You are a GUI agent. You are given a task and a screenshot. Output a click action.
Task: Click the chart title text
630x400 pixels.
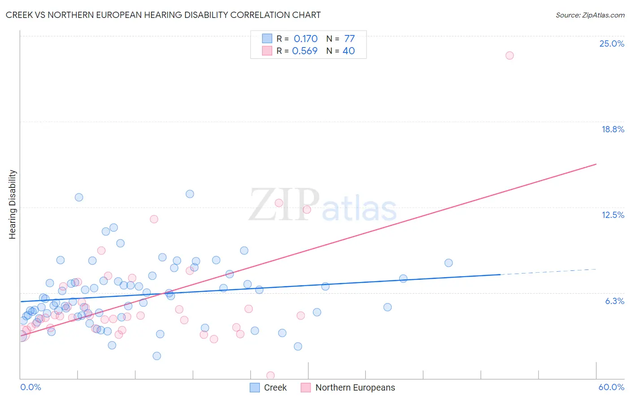[163, 15]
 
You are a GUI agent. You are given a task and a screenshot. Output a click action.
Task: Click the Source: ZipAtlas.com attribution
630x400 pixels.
[590, 15]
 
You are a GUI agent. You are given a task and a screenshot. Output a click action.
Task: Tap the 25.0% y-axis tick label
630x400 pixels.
[612, 43]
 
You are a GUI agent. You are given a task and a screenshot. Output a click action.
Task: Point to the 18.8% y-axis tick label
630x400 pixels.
[613, 129]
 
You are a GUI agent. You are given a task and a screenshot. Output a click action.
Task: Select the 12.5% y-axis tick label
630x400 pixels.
[613, 215]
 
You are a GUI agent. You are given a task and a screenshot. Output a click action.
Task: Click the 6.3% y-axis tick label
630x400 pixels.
[614, 301]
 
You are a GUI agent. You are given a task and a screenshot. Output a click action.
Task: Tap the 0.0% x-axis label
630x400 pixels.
[30, 387]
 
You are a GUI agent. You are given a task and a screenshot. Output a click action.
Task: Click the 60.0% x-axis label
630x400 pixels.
[611, 387]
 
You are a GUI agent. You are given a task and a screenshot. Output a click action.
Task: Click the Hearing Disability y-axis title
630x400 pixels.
[13, 204]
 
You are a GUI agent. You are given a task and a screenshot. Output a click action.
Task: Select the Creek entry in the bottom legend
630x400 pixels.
[275, 387]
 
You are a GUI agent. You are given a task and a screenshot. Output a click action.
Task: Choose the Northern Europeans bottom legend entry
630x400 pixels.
[355, 387]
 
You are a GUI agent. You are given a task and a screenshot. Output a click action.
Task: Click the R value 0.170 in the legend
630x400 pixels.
[306, 39]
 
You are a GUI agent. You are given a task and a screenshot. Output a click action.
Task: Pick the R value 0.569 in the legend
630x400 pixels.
[305, 51]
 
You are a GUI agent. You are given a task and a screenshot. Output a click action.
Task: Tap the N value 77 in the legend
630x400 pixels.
[350, 39]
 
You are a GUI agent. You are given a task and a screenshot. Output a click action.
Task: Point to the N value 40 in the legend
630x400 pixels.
[349, 51]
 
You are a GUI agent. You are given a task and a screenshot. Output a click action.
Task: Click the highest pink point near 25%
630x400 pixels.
[509, 56]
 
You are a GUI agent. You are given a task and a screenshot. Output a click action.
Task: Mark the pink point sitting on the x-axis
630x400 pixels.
[270, 375]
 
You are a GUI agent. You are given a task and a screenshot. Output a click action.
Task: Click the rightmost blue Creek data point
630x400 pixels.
[449, 263]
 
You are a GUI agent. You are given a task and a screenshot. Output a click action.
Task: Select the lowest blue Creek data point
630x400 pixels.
[157, 356]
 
